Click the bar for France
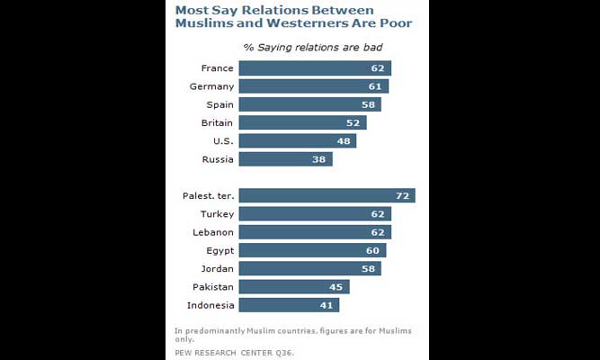(315, 68)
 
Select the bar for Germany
(314, 86)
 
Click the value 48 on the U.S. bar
(345, 141)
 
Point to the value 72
(404, 195)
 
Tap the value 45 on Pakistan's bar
(338, 287)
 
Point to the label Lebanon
(213, 232)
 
